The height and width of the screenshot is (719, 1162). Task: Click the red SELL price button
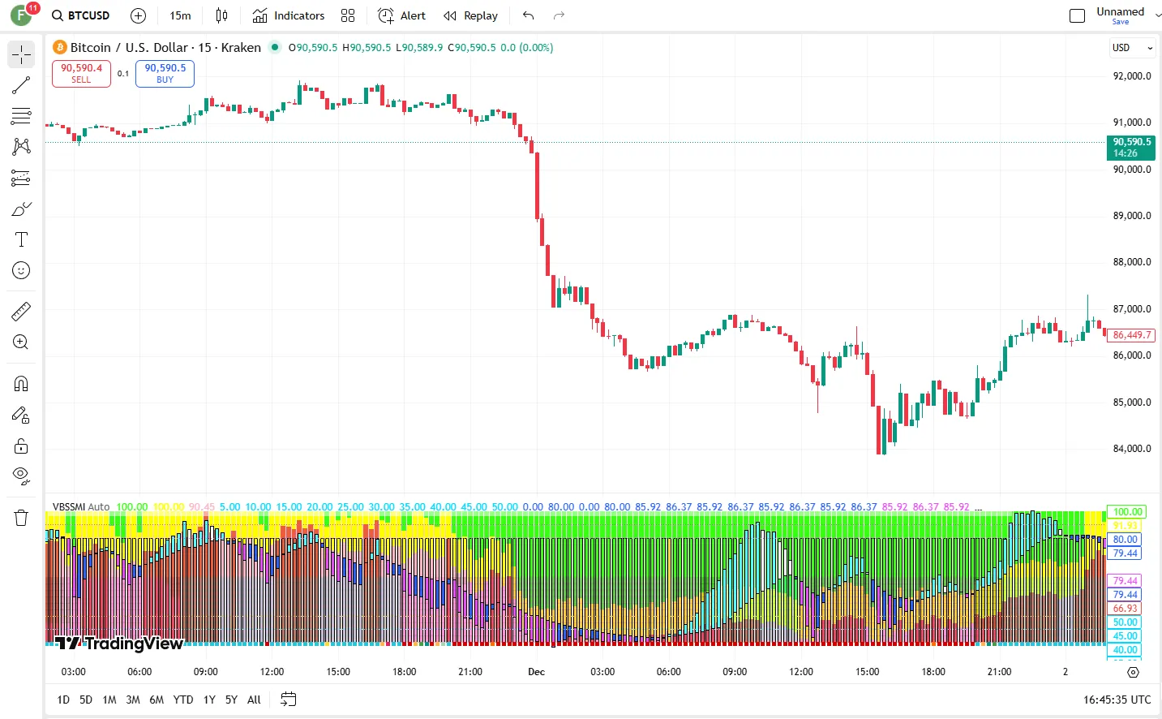coord(81,73)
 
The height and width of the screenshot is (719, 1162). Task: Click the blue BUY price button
coord(165,73)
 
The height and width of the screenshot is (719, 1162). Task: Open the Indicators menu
coord(289,15)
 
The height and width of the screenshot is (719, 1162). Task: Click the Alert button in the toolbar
coord(402,15)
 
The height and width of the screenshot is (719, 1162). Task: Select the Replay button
coord(471,15)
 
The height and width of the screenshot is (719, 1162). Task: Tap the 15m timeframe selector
coord(180,15)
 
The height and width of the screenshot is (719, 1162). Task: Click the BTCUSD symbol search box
coord(80,15)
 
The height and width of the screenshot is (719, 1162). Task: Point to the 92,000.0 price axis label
coord(1131,76)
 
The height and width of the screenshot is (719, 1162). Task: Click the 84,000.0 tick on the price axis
coord(1131,449)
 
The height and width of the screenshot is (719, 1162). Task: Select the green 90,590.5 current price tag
coord(1131,147)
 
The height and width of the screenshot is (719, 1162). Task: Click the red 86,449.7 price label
coord(1131,335)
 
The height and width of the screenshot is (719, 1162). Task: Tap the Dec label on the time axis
coord(536,672)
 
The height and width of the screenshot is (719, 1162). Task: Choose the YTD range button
coord(183,700)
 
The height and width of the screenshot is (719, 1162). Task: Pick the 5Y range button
coord(231,700)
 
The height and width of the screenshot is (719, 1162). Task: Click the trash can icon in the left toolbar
coord(21,518)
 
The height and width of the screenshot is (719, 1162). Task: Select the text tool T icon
coord(21,239)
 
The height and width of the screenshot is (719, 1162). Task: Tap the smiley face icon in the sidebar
coord(21,270)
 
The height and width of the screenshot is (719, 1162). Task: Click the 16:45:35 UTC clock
coord(1117,700)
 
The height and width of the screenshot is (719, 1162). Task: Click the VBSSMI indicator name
coord(69,507)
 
